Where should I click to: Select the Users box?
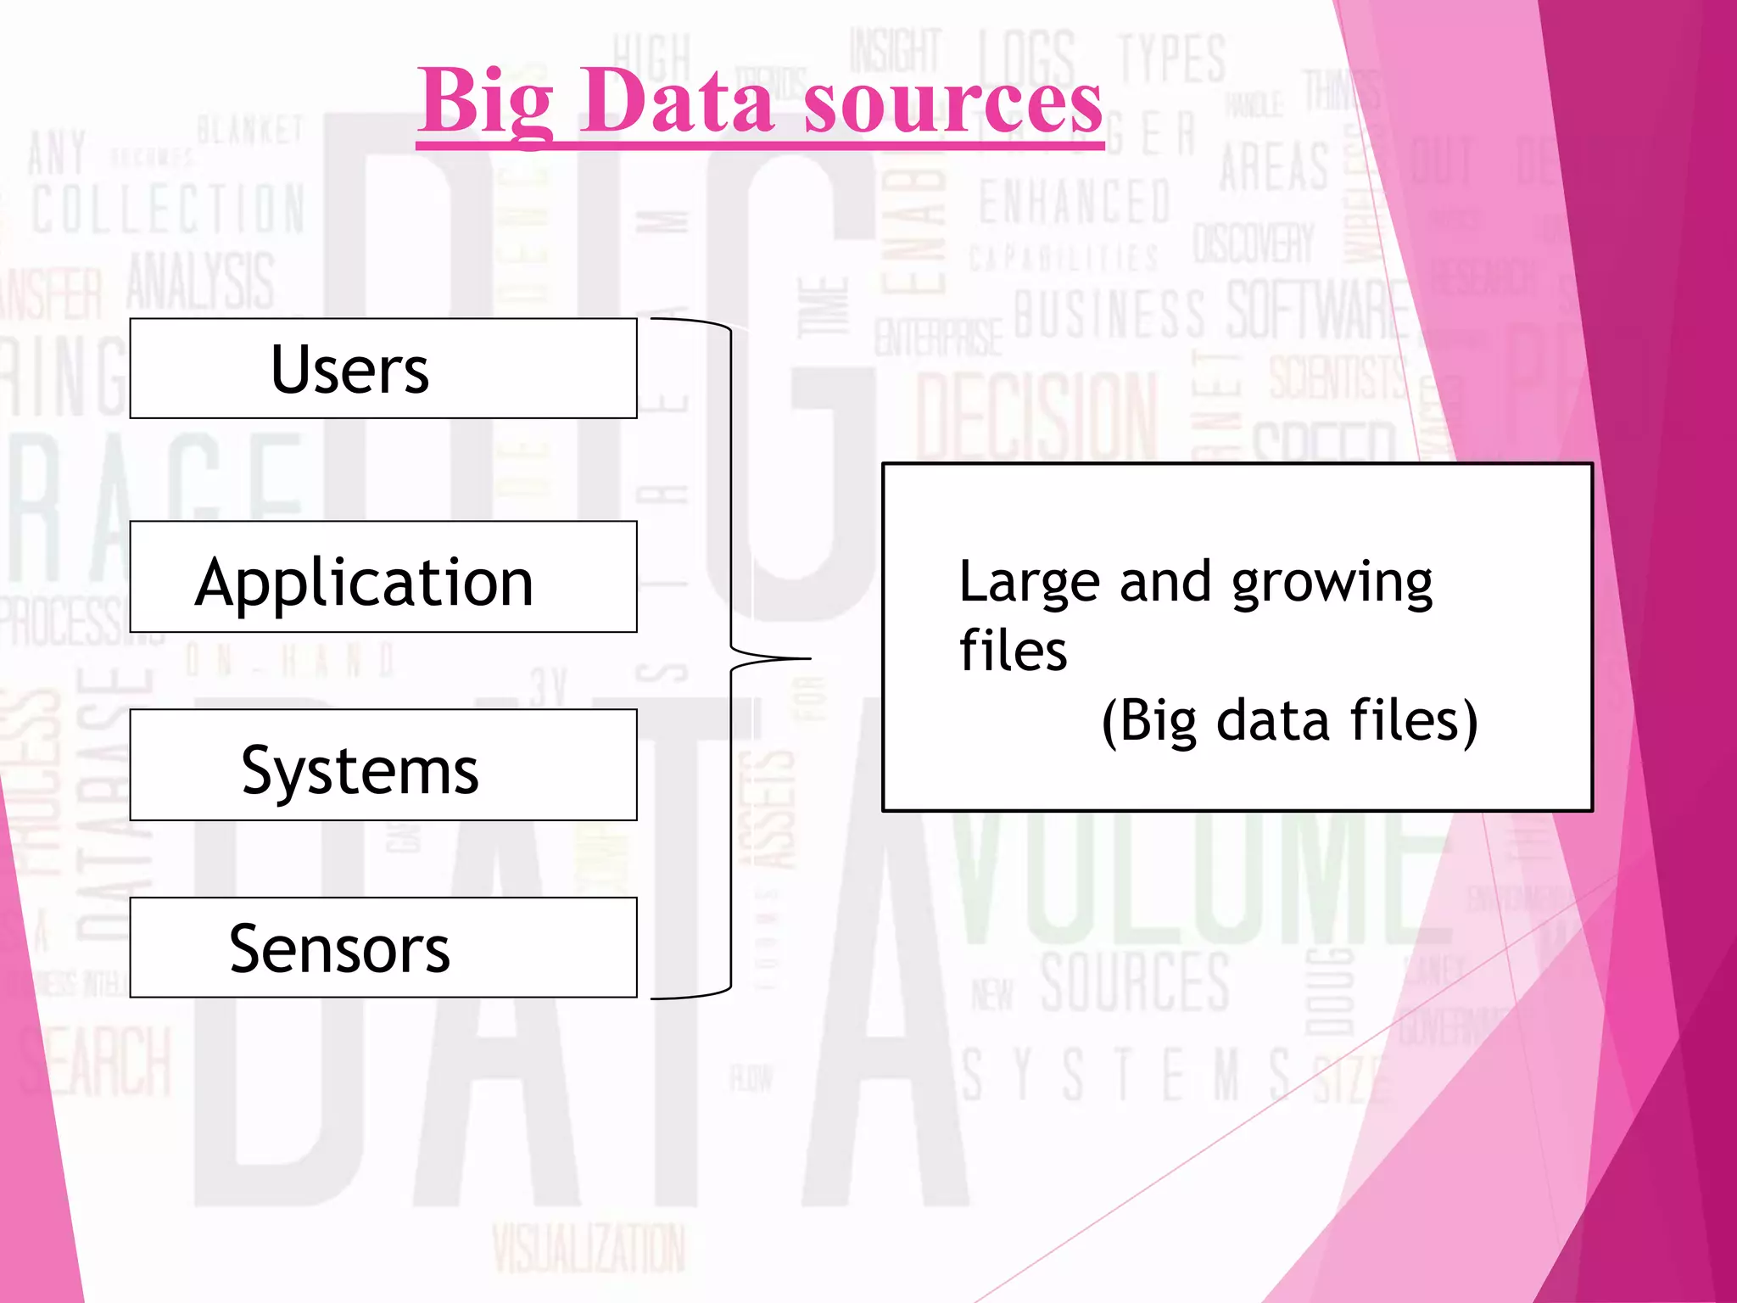383,369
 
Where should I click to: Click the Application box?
383,578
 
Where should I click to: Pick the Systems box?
383,765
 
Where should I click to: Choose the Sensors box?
383,948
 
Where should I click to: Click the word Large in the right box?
1029,582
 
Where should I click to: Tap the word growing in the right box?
1332,584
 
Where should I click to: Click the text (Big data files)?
1289,721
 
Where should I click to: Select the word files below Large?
1013,651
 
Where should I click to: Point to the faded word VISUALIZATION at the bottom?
589,1249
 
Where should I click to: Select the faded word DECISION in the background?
1036,416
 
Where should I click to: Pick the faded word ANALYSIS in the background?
201,281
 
